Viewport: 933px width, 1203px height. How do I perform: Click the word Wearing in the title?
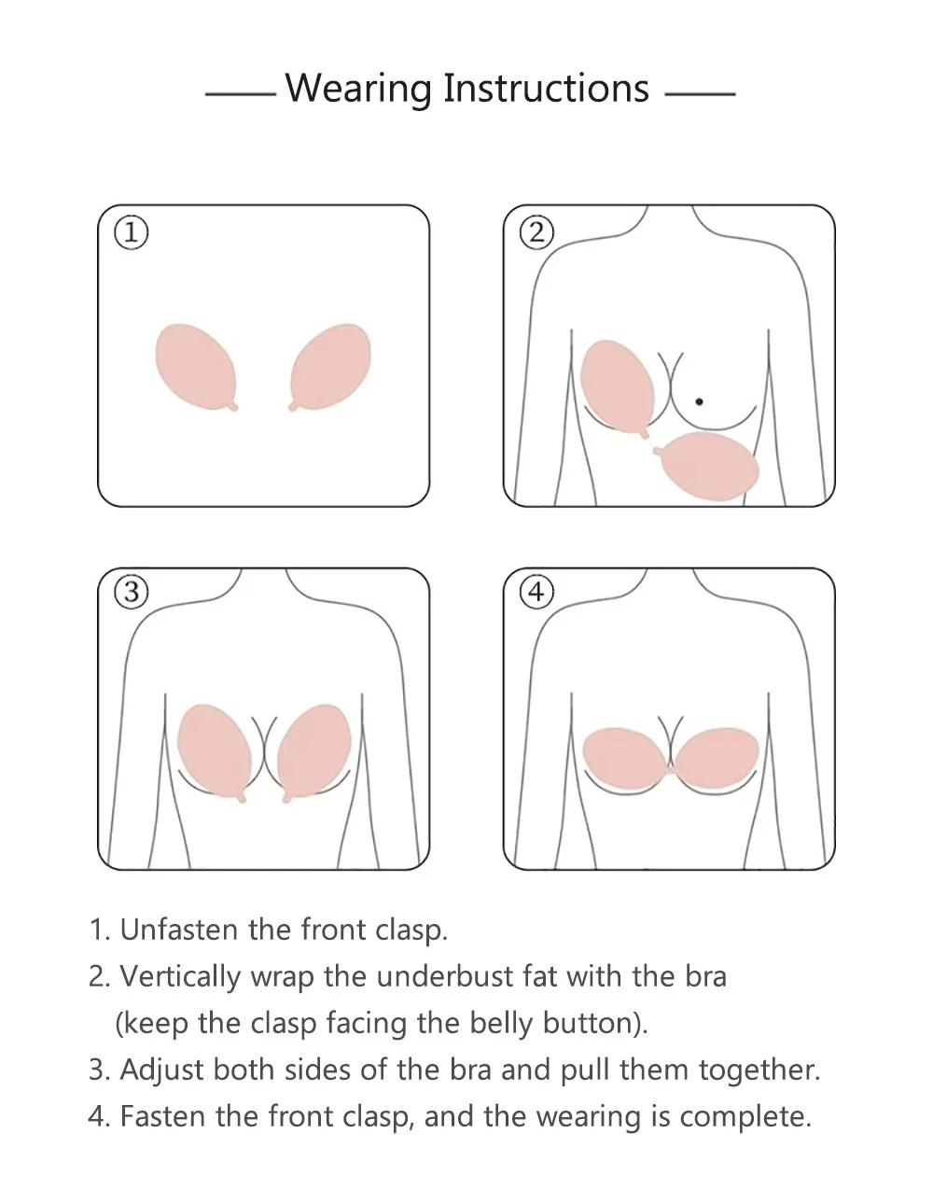point(358,89)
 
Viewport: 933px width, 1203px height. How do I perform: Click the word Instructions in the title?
point(546,88)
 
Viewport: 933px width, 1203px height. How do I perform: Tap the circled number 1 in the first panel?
point(132,232)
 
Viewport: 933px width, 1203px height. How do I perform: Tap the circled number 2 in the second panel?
point(536,232)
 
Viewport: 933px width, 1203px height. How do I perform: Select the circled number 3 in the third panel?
point(132,593)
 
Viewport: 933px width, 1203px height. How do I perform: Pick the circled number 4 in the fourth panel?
point(536,593)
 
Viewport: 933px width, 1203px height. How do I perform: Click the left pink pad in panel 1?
point(197,367)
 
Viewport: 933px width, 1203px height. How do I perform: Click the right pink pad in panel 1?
point(330,367)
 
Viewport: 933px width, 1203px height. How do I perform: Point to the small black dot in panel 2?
point(699,401)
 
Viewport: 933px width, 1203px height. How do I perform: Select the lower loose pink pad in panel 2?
point(708,466)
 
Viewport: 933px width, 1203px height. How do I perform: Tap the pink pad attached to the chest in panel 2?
point(617,387)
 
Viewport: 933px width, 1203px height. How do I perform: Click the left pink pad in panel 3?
point(215,752)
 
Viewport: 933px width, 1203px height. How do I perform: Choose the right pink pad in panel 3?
point(314,752)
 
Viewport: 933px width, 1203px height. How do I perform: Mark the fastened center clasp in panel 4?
point(671,770)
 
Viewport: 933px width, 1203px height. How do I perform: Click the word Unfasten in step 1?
point(179,930)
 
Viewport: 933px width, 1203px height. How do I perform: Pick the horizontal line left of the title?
point(241,94)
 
